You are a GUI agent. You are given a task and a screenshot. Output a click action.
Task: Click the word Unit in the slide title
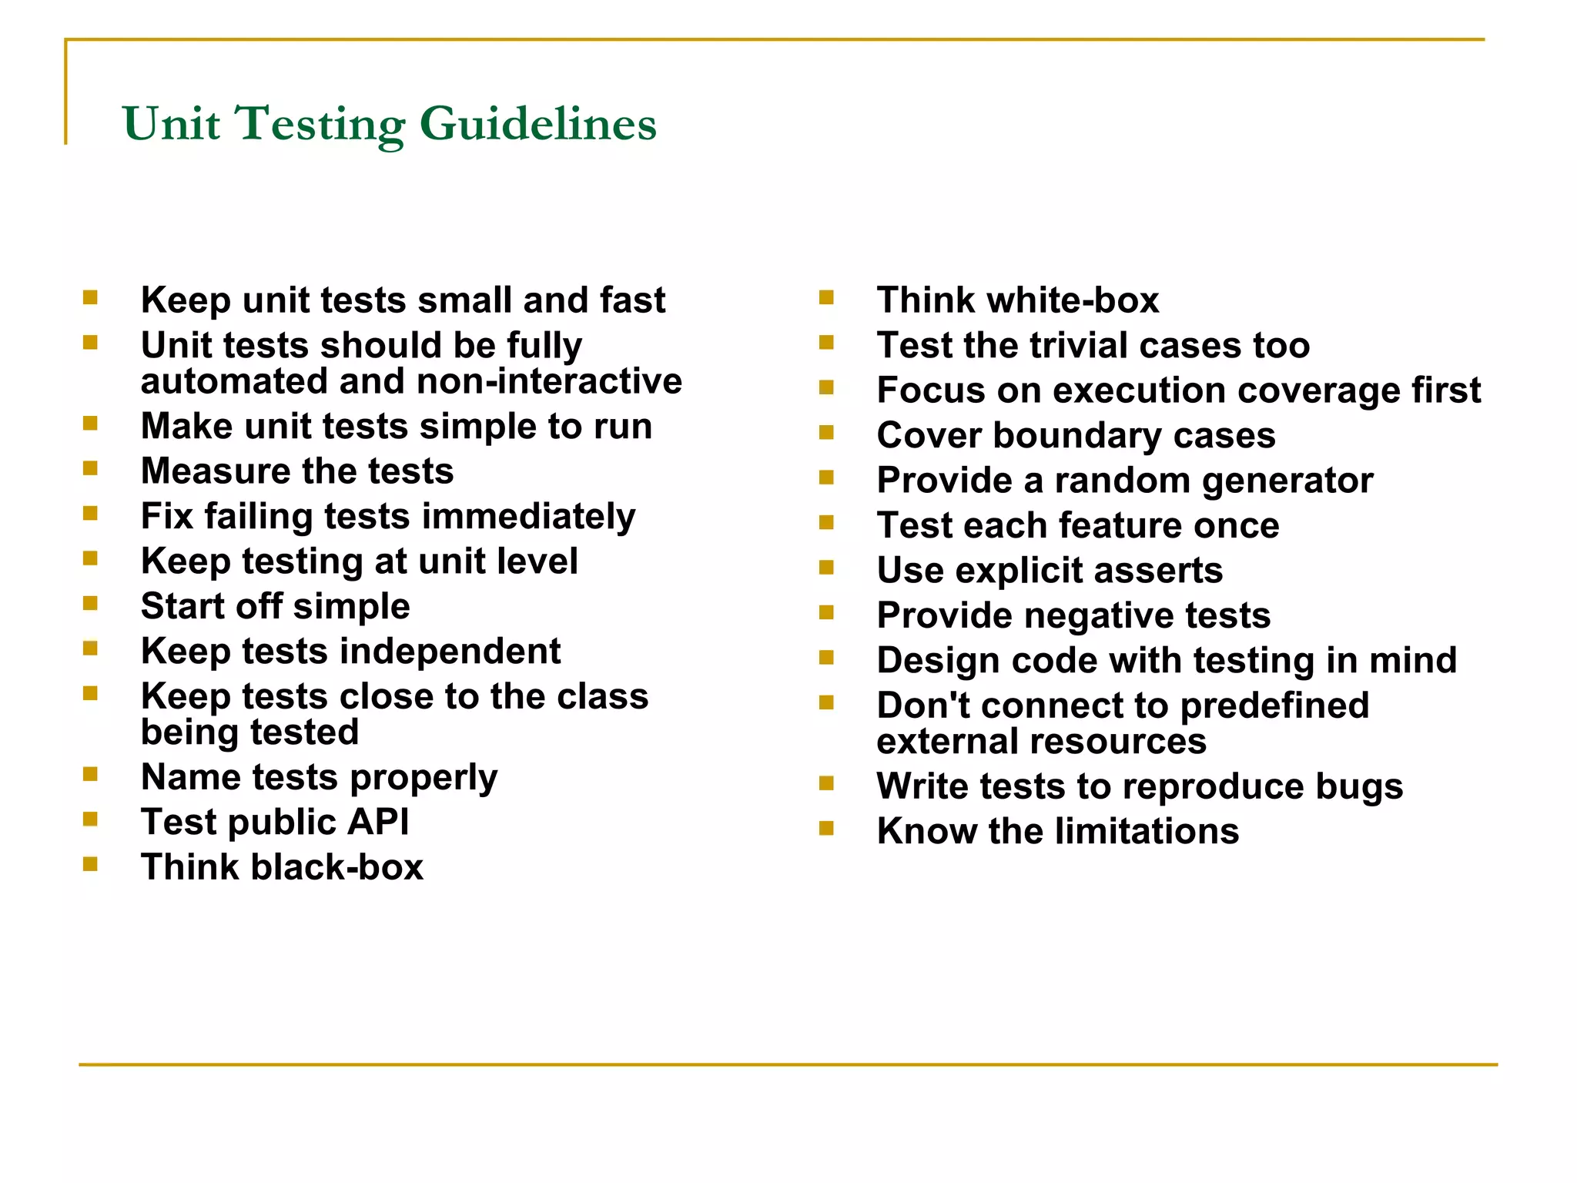pyautogui.click(x=171, y=124)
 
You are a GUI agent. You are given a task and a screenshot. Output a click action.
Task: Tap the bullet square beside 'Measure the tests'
pyautogui.click(x=90, y=468)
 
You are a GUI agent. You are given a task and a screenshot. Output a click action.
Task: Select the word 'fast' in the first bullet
pyautogui.click(x=632, y=300)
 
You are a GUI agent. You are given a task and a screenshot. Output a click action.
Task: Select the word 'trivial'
pyautogui.click(x=1080, y=345)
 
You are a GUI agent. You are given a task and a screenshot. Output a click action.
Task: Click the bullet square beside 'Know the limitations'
pyautogui.click(x=826, y=829)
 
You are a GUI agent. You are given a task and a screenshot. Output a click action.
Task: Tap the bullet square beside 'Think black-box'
pyautogui.click(x=90, y=864)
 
